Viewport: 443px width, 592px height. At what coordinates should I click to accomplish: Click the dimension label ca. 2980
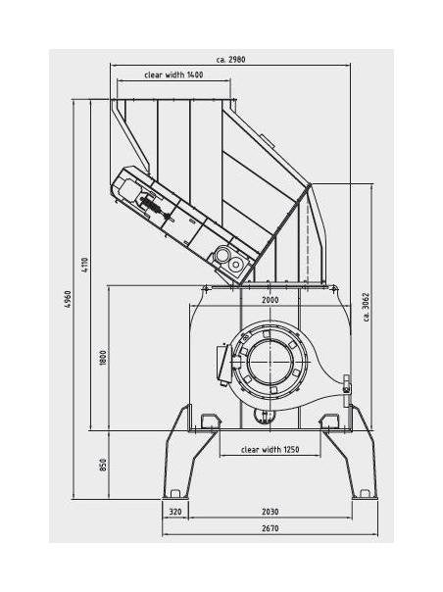click(x=230, y=60)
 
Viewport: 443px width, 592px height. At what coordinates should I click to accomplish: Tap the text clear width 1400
click(x=173, y=74)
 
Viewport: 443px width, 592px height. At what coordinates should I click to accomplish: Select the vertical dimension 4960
click(x=68, y=300)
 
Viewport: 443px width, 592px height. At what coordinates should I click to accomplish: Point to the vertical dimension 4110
click(x=84, y=265)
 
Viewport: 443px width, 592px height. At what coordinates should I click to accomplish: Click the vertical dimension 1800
click(x=103, y=358)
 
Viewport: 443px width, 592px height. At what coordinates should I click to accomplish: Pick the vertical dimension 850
click(x=103, y=465)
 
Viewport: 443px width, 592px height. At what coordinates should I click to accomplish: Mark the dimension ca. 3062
click(x=367, y=307)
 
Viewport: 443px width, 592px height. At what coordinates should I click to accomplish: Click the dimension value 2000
click(x=271, y=300)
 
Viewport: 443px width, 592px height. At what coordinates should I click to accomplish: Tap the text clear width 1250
click(x=271, y=449)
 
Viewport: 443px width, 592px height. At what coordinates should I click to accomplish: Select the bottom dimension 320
click(x=175, y=512)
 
